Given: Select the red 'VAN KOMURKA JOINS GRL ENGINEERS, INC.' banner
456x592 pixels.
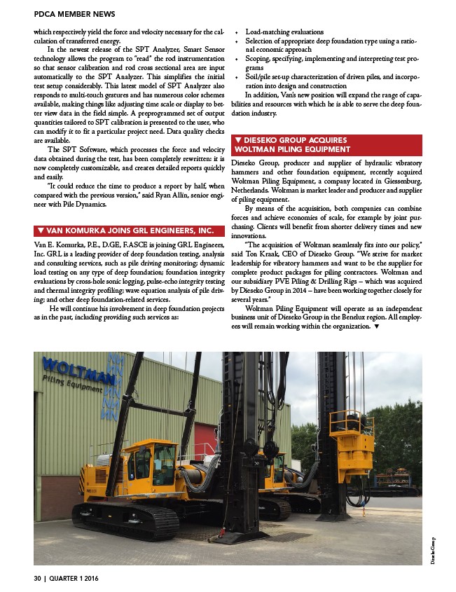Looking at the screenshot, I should coord(124,230).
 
